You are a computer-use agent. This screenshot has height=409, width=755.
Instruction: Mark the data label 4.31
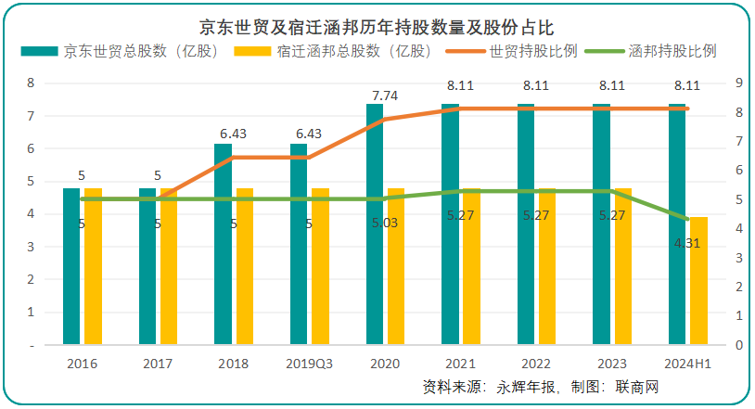(686, 242)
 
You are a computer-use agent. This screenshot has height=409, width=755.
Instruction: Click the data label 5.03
(384, 224)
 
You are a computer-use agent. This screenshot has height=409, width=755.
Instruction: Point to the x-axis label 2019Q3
(309, 363)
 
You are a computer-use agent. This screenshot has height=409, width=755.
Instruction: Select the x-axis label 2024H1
(687, 363)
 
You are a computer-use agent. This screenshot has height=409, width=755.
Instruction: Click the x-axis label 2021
(460, 363)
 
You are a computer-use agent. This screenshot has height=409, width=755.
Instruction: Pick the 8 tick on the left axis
(32, 83)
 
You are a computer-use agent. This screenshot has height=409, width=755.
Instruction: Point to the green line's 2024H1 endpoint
(687, 219)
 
